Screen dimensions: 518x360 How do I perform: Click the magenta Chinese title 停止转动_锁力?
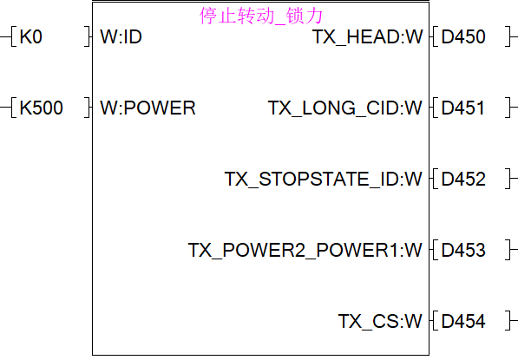click(261, 16)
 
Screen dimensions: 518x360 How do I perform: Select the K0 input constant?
click(31, 36)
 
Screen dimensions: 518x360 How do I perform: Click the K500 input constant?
click(42, 108)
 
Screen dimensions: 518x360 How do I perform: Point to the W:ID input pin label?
click(121, 36)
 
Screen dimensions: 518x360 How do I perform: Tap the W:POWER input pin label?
click(148, 108)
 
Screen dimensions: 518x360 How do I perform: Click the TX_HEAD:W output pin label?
click(367, 36)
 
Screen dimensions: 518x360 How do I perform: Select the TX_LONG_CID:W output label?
click(345, 108)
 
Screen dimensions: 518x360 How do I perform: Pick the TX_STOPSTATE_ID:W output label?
click(324, 179)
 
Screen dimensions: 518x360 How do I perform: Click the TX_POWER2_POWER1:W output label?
click(305, 250)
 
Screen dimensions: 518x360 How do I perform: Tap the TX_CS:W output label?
click(380, 321)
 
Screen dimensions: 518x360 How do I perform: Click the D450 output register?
click(463, 36)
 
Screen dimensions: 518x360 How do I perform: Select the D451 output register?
click(462, 108)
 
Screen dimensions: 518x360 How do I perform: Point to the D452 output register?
click(463, 179)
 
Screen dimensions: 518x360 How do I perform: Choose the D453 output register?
click(463, 250)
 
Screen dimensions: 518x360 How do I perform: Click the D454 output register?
click(463, 321)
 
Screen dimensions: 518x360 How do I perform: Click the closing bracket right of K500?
click(88, 108)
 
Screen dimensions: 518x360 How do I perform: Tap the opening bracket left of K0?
click(14, 36)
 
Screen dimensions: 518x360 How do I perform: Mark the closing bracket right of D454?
click(508, 321)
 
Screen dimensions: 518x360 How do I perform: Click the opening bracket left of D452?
click(435, 179)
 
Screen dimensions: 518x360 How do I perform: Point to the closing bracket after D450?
click(508, 36)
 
